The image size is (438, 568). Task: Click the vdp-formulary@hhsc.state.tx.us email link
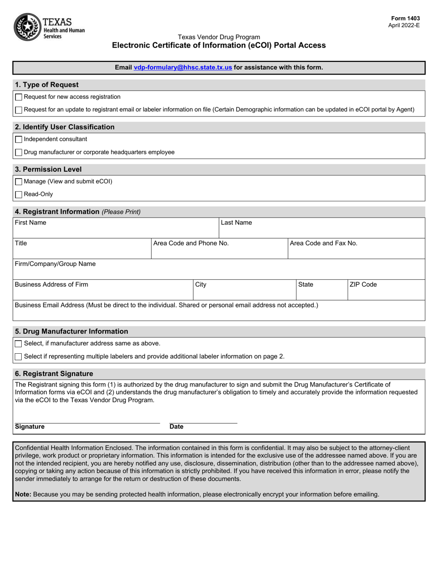tap(183, 67)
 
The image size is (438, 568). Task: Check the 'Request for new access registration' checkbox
tap(18, 97)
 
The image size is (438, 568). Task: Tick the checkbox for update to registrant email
tap(18, 110)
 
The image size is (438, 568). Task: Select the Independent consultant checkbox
tap(18, 139)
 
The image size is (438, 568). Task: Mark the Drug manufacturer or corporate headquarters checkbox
tap(18, 152)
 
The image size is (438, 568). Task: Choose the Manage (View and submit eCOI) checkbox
tap(18, 182)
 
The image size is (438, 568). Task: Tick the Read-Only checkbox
tap(18, 195)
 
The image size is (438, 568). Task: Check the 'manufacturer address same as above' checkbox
tap(18, 344)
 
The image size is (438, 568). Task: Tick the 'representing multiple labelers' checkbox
tap(18, 357)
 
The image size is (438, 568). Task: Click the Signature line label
tap(30, 427)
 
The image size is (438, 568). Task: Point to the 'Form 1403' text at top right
tap(404, 18)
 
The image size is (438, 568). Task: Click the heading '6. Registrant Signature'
tap(54, 374)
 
